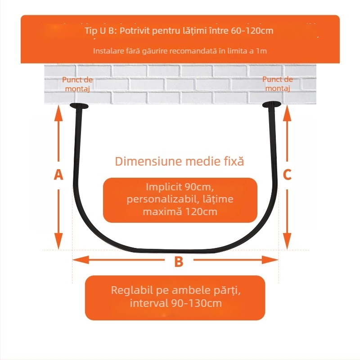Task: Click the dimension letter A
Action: (x=58, y=175)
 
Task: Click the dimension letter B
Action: (x=179, y=261)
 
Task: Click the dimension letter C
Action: (x=287, y=175)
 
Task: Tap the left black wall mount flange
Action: (x=79, y=106)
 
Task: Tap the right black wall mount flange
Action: (x=272, y=104)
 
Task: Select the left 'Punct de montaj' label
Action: (x=77, y=84)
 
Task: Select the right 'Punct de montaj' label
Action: (x=278, y=84)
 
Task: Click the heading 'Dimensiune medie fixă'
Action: (x=179, y=161)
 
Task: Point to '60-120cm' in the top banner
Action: (x=252, y=31)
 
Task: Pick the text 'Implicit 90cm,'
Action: (x=180, y=187)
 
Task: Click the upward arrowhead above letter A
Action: (x=58, y=113)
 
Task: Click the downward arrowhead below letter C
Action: (x=287, y=241)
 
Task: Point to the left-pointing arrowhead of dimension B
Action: (x=81, y=260)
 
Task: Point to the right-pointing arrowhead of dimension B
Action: (x=270, y=260)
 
